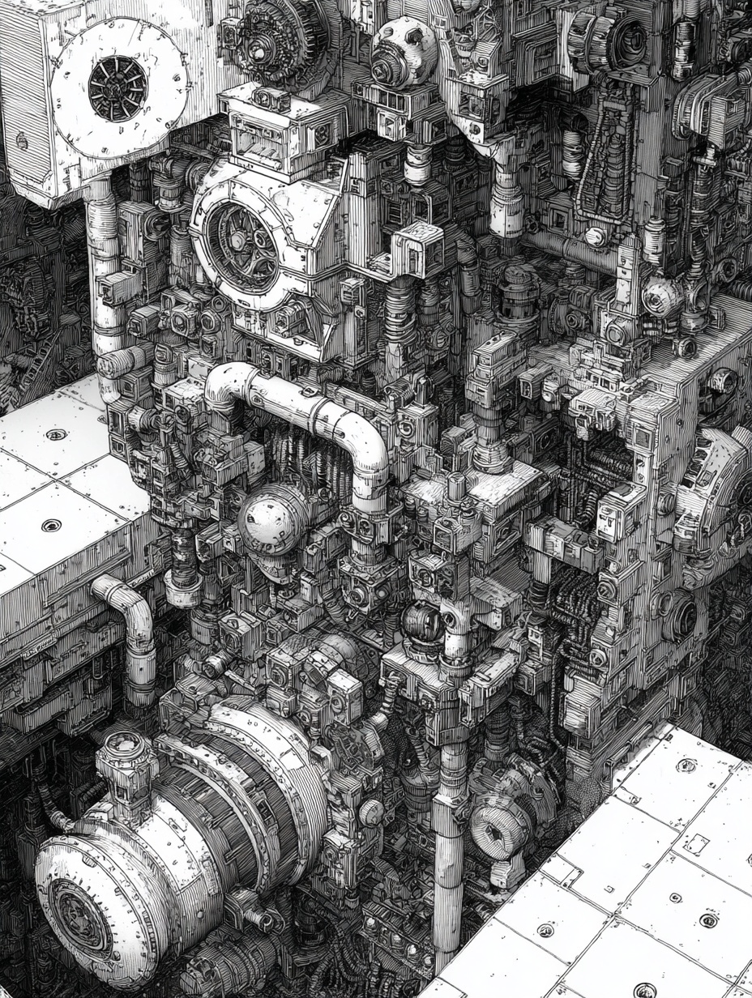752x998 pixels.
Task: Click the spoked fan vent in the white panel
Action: (x=118, y=88)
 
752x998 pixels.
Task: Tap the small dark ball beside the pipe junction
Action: (x=421, y=624)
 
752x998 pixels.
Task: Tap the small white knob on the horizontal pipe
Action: (x=596, y=237)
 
